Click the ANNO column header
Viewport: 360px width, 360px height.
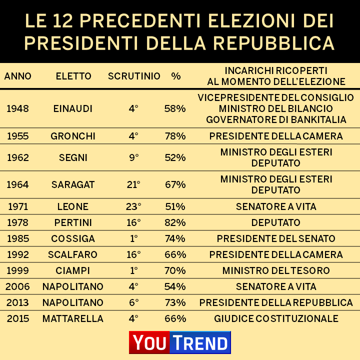click(x=17, y=76)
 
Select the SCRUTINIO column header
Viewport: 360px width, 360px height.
click(x=134, y=76)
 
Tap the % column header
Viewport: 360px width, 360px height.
click(x=175, y=76)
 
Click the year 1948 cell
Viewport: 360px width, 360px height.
click(x=17, y=108)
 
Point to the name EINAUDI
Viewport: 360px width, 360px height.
click(x=73, y=108)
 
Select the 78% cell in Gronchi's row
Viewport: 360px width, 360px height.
click(x=175, y=136)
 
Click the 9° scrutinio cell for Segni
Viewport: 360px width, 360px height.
click(x=133, y=157)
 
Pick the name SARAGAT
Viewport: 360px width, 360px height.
click(x=73, y=184)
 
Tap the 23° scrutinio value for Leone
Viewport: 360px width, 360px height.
click(x=133, y=206)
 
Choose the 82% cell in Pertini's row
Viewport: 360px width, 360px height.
click(x=175, y=222)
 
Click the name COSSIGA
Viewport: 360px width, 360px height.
click(x=73, y=238)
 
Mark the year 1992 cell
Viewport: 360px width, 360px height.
click(x=17, y=254)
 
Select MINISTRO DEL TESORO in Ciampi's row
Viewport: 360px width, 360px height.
click(x=276, y=270)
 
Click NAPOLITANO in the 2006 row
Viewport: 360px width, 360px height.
click(x=73, y=286)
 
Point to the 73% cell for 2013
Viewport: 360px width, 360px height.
click(x=175, y=302)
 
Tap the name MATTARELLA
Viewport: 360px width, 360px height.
click(x=73, y=318)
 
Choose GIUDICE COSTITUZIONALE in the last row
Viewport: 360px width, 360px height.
click(x=276, y=318)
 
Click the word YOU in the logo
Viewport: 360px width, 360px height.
click(x=149, y=342)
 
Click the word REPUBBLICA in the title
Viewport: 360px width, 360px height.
click(x=274, y=42)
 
